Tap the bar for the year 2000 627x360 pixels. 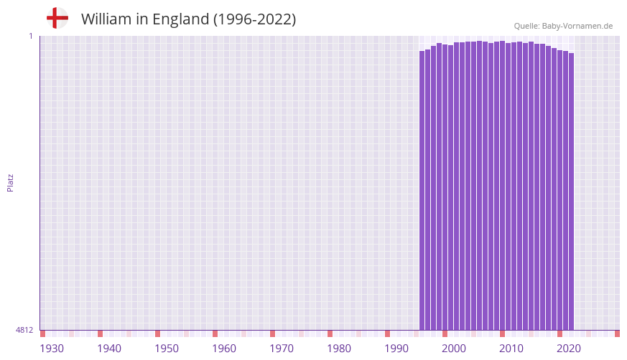[445, 187]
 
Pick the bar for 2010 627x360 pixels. [503, 186]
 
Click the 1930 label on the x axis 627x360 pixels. [52, 349]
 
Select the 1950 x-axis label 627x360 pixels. [167, 349]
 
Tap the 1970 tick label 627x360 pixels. [282, 349]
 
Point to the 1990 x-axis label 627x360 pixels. [396, 349]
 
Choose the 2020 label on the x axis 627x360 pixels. [569, 349]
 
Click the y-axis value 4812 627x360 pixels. [24, 330]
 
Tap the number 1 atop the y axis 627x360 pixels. [31, 36]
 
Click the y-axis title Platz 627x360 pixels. [10, 182]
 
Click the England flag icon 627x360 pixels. [57, 18]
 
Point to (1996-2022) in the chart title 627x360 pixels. [254, 19]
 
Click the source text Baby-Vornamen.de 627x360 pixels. [577, 26]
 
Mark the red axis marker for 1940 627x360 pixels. [100, 333]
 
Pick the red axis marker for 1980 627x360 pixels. [330, 333]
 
